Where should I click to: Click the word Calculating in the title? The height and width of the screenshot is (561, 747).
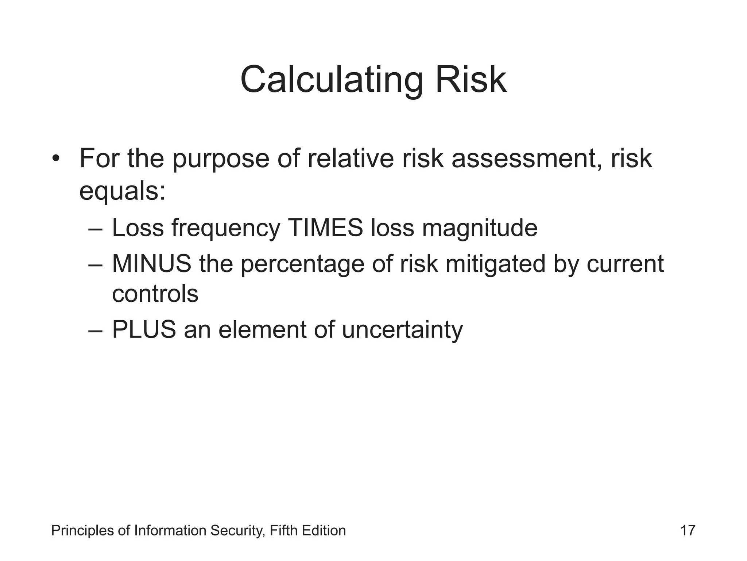pyautogui.click(x=332, y=80)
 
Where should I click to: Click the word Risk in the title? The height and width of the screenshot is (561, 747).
pyautogui.click(x=471, y=80)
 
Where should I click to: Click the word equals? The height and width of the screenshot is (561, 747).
pyautogui.click(x=123, y=191)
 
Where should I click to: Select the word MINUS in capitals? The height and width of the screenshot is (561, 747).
pyautogui.click(x=151, y=264)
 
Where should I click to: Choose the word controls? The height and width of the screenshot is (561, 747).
pyautogui.click(x=155, y=294)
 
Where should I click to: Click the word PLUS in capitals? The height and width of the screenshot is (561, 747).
pyautogui.click(x=144, y=329)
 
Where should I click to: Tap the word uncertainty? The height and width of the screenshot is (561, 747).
pyautogui.click(x=402, y=330)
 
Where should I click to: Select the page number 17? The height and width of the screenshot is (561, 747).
pyautogui.click(x=688, y=530)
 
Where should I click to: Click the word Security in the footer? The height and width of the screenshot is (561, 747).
pyautogui.click(x=238, y=531)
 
